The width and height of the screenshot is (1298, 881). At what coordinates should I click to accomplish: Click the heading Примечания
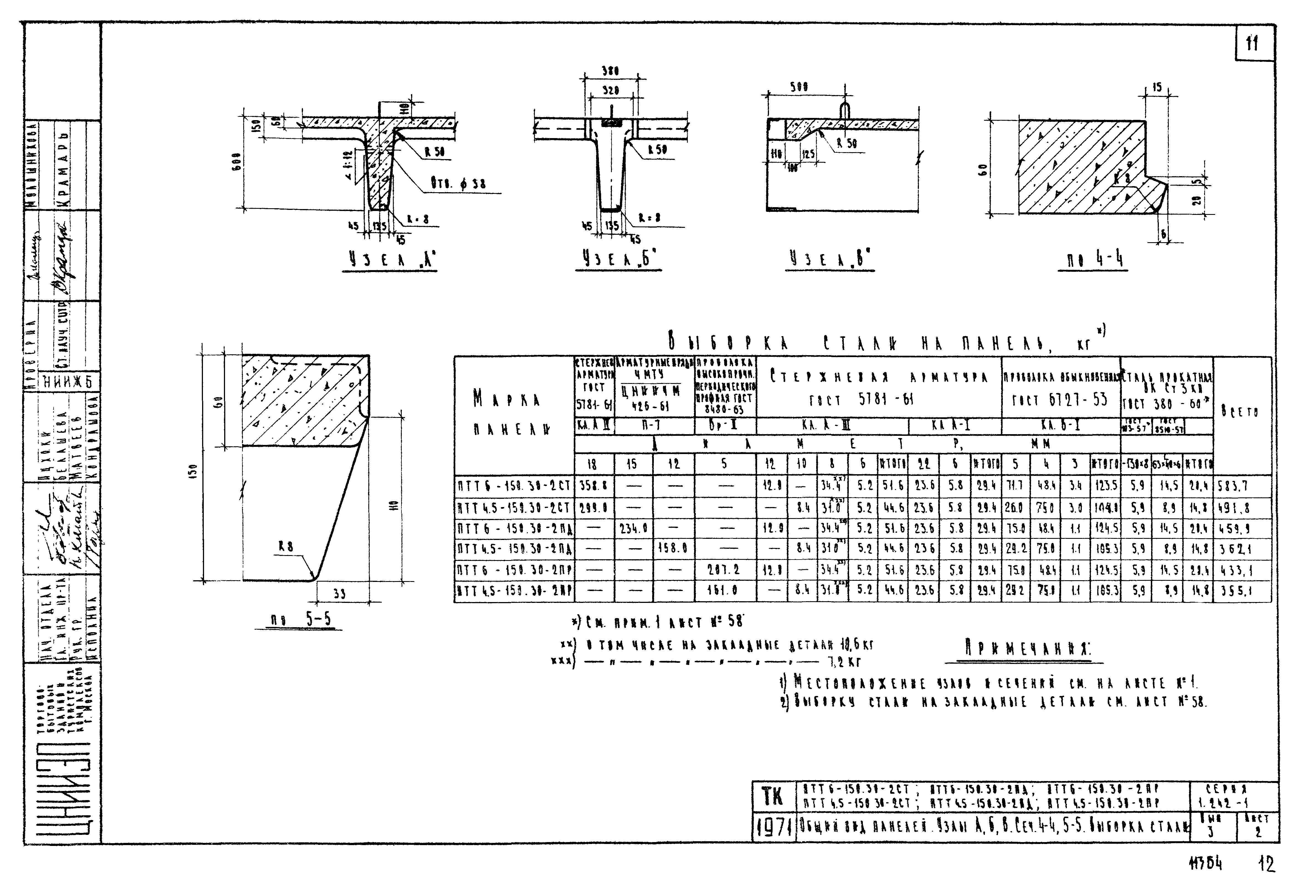[1029, 649]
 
